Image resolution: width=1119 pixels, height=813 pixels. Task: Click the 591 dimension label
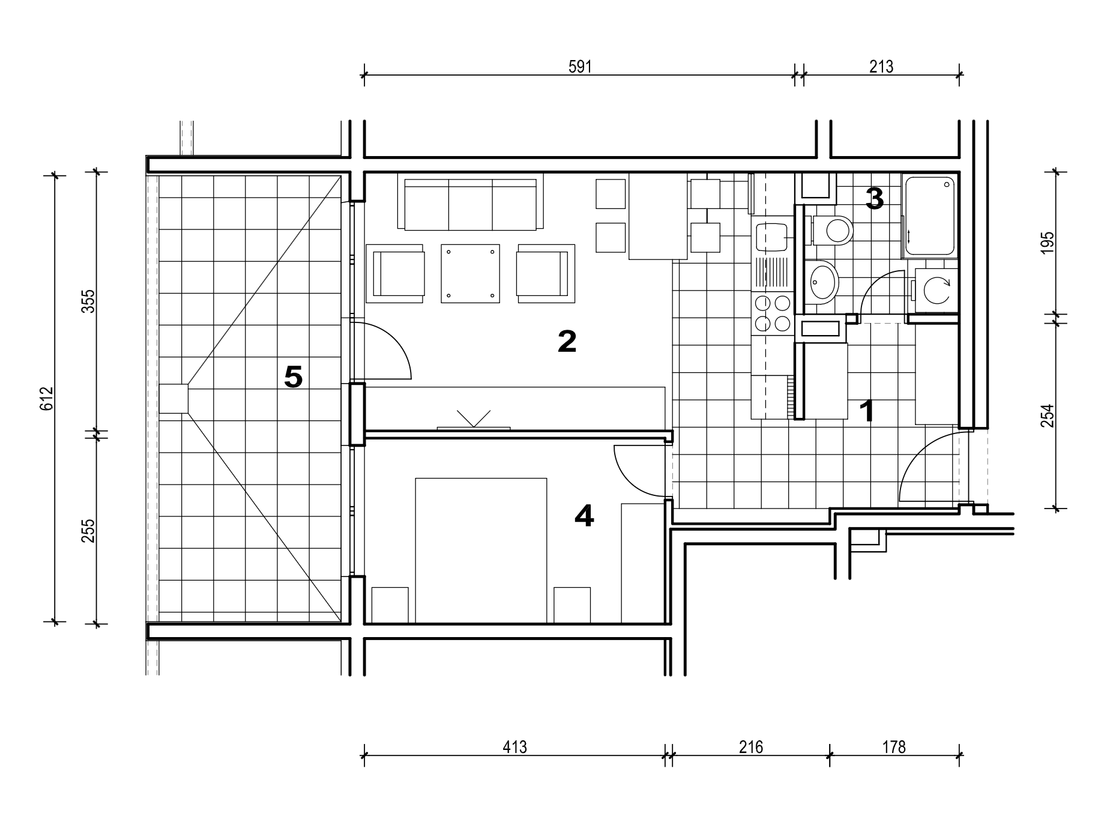580,67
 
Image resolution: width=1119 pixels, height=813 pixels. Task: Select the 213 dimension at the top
881,67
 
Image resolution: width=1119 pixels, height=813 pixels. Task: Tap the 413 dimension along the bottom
514,747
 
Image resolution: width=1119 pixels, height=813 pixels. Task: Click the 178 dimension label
894,747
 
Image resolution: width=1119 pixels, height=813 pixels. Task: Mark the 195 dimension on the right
1047,243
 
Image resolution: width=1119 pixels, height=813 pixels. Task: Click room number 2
567,342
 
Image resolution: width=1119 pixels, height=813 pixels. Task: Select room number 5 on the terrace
293,377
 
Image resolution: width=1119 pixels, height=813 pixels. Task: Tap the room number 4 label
584,516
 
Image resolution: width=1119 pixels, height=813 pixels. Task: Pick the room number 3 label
875,199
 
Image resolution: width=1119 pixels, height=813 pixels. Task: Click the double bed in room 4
481,550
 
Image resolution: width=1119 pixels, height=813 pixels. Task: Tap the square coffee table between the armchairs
470,273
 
